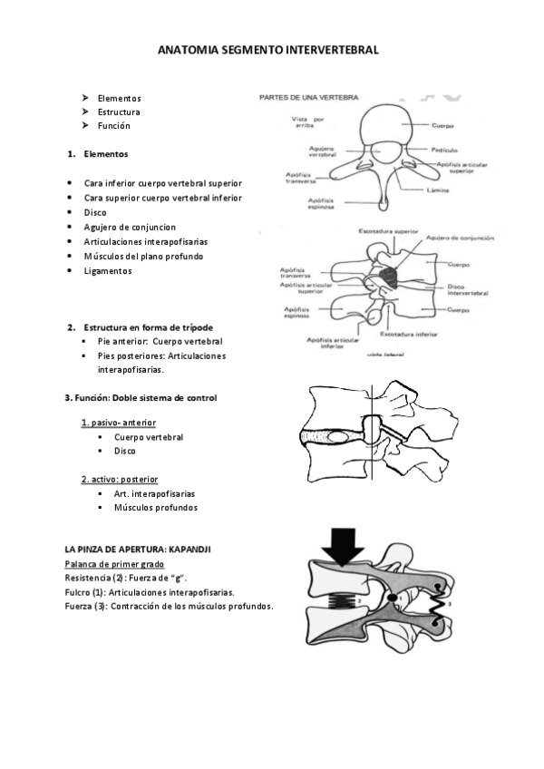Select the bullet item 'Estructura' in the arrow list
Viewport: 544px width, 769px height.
pos(118,112)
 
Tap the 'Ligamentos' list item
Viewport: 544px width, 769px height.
pos(107,270)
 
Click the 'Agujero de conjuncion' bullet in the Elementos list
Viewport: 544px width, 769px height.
pos(130,227)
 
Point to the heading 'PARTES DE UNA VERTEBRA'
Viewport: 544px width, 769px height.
pos(308,96)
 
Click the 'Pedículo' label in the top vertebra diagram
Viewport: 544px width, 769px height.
pos(444,150)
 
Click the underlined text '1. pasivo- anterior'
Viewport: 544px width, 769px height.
pos(118,423)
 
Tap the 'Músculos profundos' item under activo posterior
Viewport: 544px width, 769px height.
pos(155,508)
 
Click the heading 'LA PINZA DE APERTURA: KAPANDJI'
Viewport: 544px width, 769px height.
pos(138,550)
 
